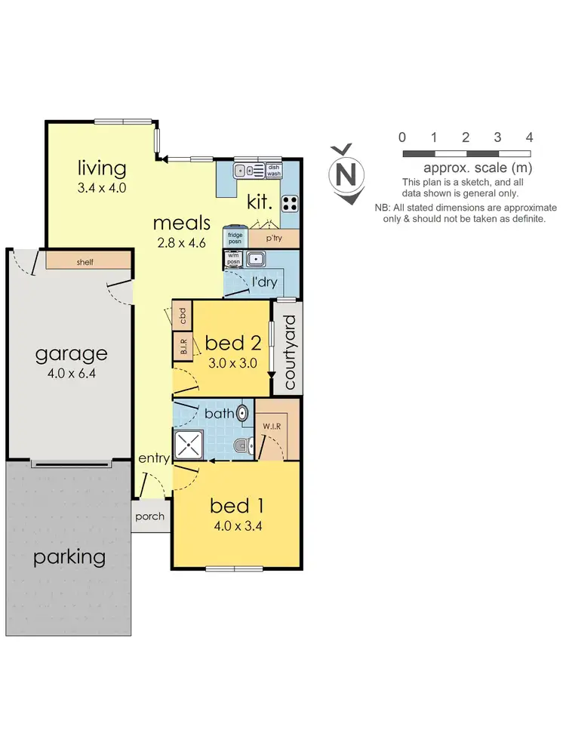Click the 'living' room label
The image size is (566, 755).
(x=100, y=167)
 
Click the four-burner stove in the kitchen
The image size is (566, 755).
(x=291, y=202)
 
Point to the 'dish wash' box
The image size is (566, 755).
(x=273, y=171)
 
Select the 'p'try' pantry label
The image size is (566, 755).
(x=274, y=238)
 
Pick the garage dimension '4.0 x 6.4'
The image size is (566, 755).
(x=72, y=372)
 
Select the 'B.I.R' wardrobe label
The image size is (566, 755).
(x=183, y=347)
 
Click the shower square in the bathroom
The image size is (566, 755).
(x=189, y=445)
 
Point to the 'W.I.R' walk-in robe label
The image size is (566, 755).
(x=272, y=426)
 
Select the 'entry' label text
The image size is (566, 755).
(x=153, y=458)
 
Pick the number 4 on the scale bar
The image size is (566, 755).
(x=529, y=137)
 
